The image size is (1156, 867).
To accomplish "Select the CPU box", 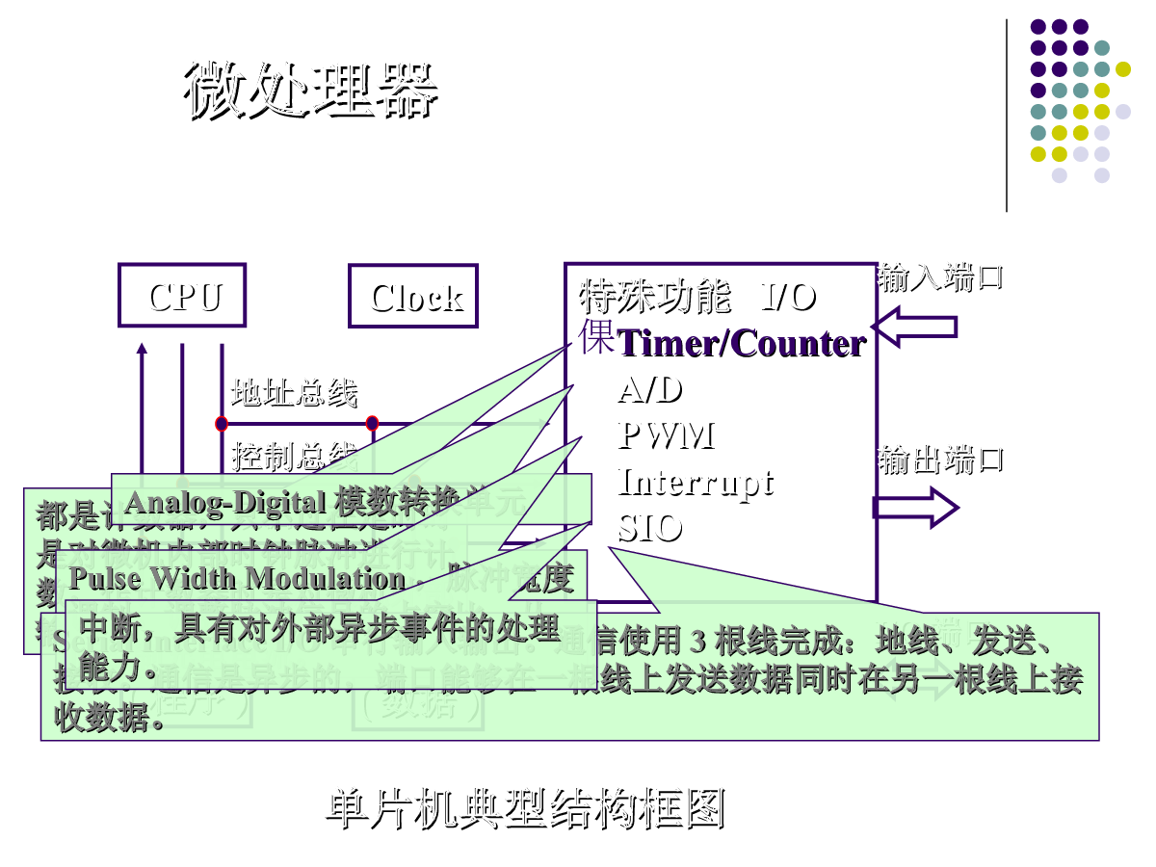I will click(182, 296).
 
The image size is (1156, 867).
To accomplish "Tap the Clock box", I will click(413, 297).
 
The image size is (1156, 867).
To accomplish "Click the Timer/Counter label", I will click(741, 344).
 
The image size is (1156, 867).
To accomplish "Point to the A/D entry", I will click(650, 390).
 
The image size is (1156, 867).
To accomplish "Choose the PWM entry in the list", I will click(666, 436).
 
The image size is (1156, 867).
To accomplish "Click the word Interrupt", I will click(695, 482).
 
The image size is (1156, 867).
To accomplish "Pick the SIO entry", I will click(650, 528).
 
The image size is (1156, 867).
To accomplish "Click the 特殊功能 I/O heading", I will click(697, 298).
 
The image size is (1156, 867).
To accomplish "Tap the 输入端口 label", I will click(939, 278).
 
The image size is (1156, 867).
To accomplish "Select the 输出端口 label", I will click(940, 460).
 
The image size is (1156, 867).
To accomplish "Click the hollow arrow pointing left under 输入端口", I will click(914, 327).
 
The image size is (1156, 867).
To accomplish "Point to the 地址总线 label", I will click(295, 393).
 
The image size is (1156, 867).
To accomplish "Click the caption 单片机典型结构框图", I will click(525, 810).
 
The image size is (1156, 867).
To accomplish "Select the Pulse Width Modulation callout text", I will click(237, 578).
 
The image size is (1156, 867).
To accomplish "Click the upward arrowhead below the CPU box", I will click(142, 349).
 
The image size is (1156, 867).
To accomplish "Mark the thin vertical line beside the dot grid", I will click(1007, 116).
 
